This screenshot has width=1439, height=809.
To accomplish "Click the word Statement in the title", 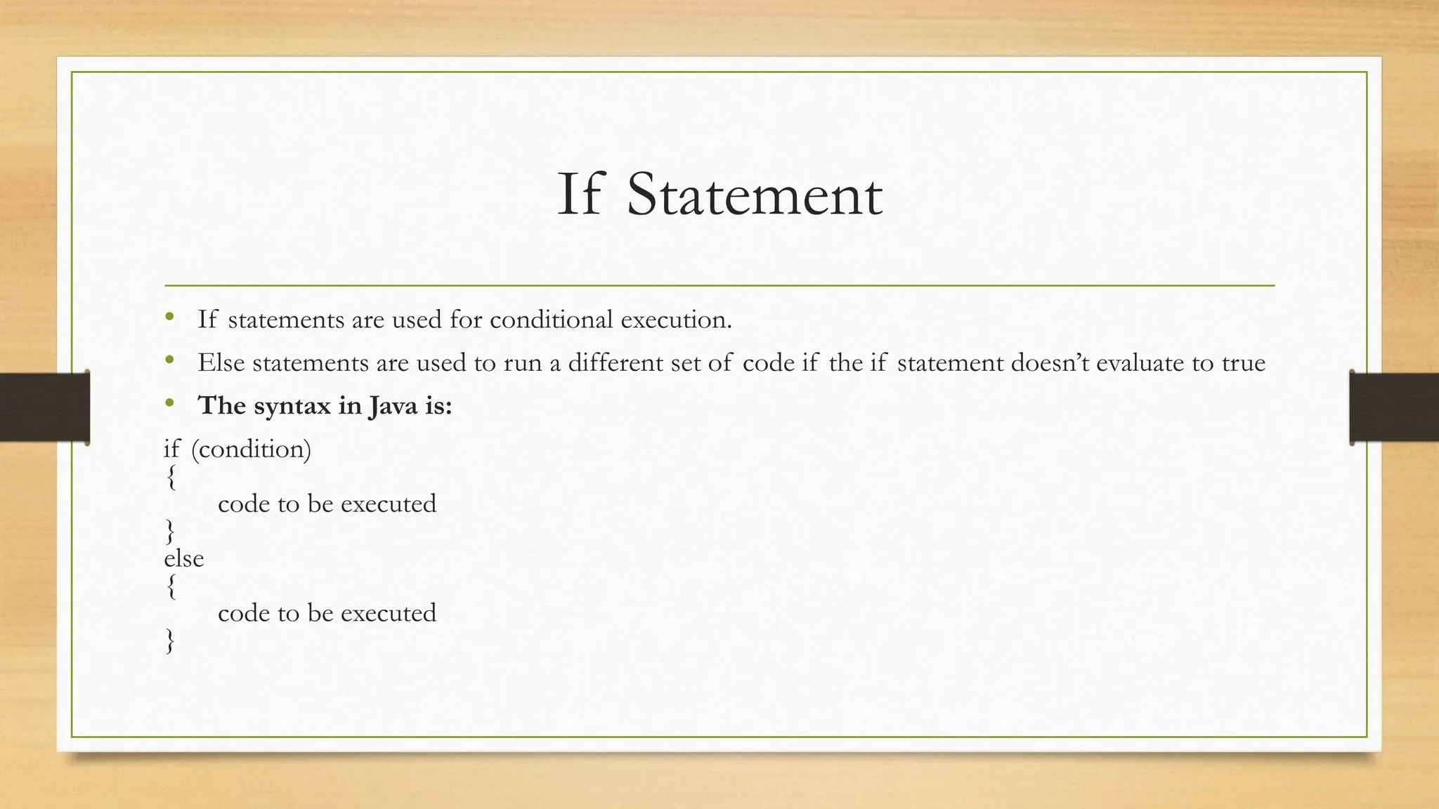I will [754, 195].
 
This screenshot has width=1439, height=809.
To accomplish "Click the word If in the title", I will [580, 195].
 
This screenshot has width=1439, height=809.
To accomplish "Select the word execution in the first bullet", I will [676, 320].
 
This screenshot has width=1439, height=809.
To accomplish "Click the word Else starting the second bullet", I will [221, 362].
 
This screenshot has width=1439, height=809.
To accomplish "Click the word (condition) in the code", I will [251, 449].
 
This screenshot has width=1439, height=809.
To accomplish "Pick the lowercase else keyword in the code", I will [183, 558].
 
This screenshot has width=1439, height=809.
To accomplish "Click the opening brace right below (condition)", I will [170, 478].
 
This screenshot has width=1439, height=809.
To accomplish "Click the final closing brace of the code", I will [170, 641].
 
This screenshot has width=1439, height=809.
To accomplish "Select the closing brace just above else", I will [170, 532].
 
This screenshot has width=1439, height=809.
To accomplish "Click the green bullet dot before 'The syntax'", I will [169, 404].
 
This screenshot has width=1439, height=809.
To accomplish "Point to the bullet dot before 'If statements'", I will [169, 317].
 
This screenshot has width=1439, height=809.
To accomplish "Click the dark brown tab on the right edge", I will [1394, 407].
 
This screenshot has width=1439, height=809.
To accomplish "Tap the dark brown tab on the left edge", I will [44, 407].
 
